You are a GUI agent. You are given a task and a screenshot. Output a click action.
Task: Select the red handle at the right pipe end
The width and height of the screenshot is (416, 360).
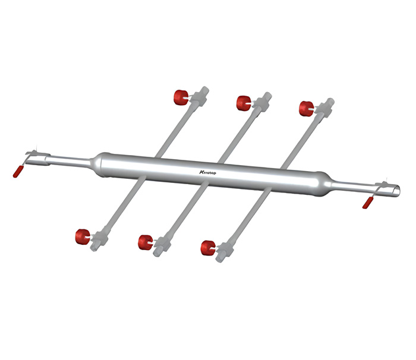pyautogui.click(x=367, y=203)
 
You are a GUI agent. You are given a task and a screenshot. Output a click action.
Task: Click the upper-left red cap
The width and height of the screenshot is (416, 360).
pyautogui.click(x=179, y=96)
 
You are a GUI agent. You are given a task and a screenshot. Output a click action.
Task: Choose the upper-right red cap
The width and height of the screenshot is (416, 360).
pyautogui.click(x=305, y=109)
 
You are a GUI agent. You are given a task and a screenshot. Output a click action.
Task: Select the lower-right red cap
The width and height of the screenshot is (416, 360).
pyautogui.click(x=208, y=248)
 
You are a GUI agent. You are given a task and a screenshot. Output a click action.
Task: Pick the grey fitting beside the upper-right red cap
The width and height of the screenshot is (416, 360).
pyautogui.click(x=324, y=109)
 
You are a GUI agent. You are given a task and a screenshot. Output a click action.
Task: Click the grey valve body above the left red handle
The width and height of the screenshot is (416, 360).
pyautogui.click(x=34, y=156)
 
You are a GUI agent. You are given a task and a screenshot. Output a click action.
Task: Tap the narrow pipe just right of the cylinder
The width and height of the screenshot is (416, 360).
pyautogui.click(x=351, y=185)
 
